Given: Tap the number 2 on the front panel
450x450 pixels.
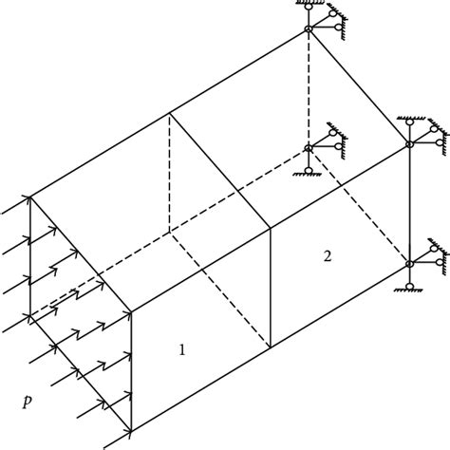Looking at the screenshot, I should tap(327, 257).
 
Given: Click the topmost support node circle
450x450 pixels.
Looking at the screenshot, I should tap(309, 29).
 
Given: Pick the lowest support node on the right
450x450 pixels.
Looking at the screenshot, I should tap(409, 263).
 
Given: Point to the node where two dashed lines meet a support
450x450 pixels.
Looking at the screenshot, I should tap(309, 147).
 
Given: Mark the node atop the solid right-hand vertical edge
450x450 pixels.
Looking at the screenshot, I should tap(409, 144).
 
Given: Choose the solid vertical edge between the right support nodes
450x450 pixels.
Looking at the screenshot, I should tap(409, 203).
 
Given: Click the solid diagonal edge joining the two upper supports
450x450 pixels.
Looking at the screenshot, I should tap(359, 86).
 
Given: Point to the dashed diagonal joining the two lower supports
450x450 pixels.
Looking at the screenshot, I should tap(359, 205).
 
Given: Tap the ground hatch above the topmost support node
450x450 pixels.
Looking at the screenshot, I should tap(309, 5).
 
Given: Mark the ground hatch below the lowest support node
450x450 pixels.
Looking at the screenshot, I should tap(409, 289).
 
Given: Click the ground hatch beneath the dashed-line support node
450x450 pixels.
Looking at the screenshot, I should tap(309, 172).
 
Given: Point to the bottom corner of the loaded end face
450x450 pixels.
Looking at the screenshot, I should tap(130, 431).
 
